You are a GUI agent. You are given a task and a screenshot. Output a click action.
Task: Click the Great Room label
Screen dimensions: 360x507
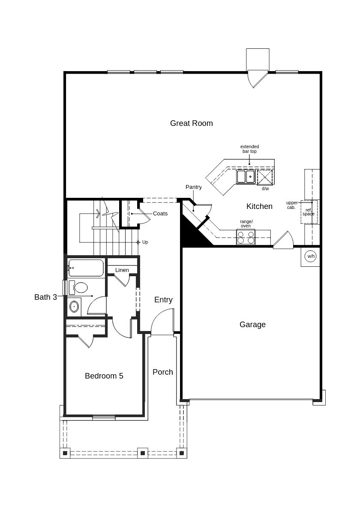[191, 123]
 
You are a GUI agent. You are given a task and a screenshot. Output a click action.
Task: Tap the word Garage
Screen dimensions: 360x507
[252, 325]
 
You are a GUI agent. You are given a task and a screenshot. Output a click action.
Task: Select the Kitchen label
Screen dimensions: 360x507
[259, 206]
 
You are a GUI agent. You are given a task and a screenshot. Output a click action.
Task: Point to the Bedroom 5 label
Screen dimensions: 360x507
[104, 376]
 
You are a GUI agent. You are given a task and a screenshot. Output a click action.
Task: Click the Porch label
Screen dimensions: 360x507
[162, 372]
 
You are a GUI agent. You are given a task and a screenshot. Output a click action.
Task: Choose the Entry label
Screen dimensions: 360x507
[163, 300]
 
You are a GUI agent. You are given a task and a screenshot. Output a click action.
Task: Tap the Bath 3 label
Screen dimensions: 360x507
[46, 297]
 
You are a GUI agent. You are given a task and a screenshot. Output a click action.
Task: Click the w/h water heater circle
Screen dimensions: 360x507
[311, 256]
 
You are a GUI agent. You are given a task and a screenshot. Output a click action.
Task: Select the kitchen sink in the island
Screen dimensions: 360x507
[246, 176]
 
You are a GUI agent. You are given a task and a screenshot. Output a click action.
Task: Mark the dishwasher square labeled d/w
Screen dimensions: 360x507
[265, 177]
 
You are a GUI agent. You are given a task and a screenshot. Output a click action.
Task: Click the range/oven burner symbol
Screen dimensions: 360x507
[246, 237]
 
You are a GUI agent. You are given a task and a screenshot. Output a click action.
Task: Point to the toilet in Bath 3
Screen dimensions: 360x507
[78, 287]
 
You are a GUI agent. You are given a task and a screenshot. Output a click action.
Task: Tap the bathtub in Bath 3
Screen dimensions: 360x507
[86, 268]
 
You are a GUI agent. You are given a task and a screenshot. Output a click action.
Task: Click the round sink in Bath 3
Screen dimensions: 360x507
[74, 306]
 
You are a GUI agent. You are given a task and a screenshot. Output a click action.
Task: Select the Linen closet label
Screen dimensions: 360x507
[122, 270]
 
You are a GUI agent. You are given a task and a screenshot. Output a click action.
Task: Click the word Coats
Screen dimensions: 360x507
[160, 214]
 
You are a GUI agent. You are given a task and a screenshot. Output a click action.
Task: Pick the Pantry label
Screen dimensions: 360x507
[194, 187]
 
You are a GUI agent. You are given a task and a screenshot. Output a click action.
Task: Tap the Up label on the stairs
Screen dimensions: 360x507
[145, 242]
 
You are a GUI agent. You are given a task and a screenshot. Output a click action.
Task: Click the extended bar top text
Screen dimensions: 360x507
[249, 149]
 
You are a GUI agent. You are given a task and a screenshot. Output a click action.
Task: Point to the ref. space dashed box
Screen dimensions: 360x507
[309, 212]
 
